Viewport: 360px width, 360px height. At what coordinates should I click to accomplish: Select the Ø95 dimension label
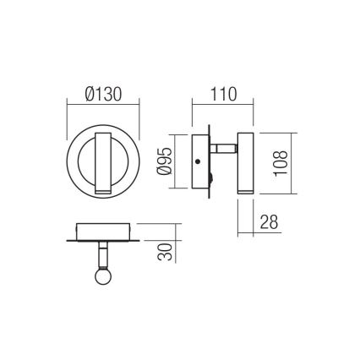[166, 163]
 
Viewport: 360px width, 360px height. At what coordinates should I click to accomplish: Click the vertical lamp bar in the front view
[101, 163]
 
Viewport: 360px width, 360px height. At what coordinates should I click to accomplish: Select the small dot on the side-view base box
[197, 162]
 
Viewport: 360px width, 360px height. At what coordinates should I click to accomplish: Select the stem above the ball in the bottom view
[101, 255]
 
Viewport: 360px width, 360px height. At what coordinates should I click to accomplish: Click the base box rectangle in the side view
[201, 162]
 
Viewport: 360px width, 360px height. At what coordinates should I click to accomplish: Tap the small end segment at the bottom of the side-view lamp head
[246, 193]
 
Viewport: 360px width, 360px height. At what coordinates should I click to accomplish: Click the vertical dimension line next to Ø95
[173, 163]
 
